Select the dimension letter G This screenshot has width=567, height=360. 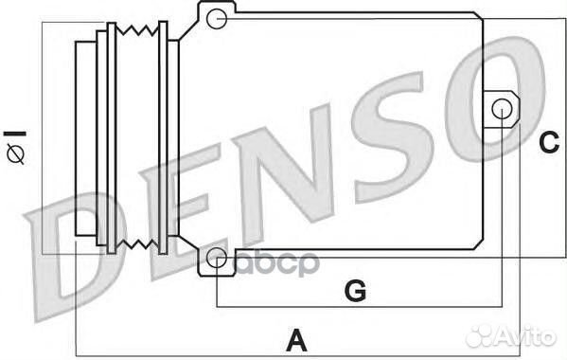click(354, 291)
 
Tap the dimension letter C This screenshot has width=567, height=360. click(549, 142)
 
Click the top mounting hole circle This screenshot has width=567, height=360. click(217, 17)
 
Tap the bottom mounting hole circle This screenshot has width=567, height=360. click(217, 257)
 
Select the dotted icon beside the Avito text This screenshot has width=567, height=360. click(485, 334)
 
